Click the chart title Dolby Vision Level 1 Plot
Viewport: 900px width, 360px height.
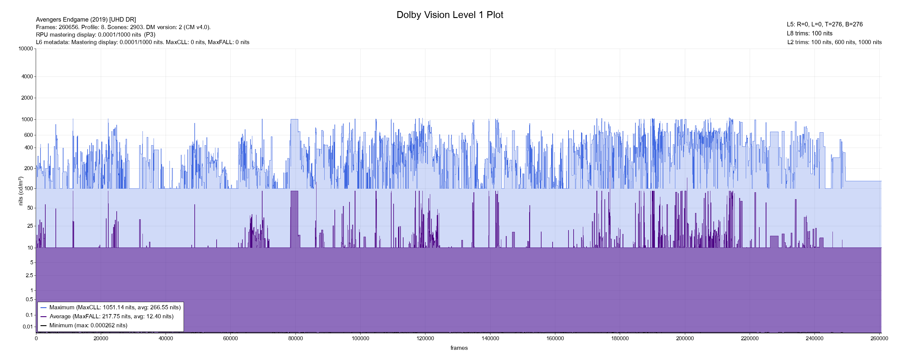450,15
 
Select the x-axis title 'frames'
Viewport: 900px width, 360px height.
459,348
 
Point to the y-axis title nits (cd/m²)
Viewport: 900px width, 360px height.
21,191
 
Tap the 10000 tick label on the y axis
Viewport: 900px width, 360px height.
26,49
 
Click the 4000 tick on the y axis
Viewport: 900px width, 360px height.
27,76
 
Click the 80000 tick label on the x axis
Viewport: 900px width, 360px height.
295,338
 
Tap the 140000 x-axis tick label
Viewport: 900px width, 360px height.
490,338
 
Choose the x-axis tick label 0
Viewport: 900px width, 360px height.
36,338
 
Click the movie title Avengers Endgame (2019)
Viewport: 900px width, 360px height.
86,19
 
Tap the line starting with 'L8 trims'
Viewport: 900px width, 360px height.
809,34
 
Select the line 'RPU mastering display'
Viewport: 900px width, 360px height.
95,34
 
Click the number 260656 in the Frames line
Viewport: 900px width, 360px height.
68,27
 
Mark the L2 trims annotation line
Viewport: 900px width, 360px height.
834,42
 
